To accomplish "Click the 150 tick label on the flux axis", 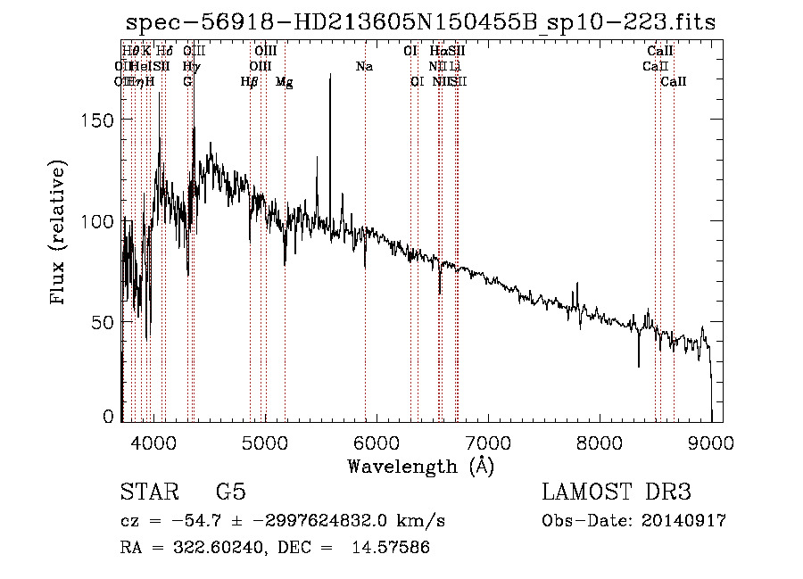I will pos(98,121).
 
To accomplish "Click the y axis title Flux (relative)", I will pos(60,234).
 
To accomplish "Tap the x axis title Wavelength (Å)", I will pos(420,466).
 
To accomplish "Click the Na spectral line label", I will pos(364,66).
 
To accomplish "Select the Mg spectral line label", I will pos(284,82).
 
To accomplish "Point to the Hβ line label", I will pos(249,82).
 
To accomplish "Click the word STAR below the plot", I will pos(147,492).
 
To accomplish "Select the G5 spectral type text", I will pos(230,492).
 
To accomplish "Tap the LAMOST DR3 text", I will pos(616,492).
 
